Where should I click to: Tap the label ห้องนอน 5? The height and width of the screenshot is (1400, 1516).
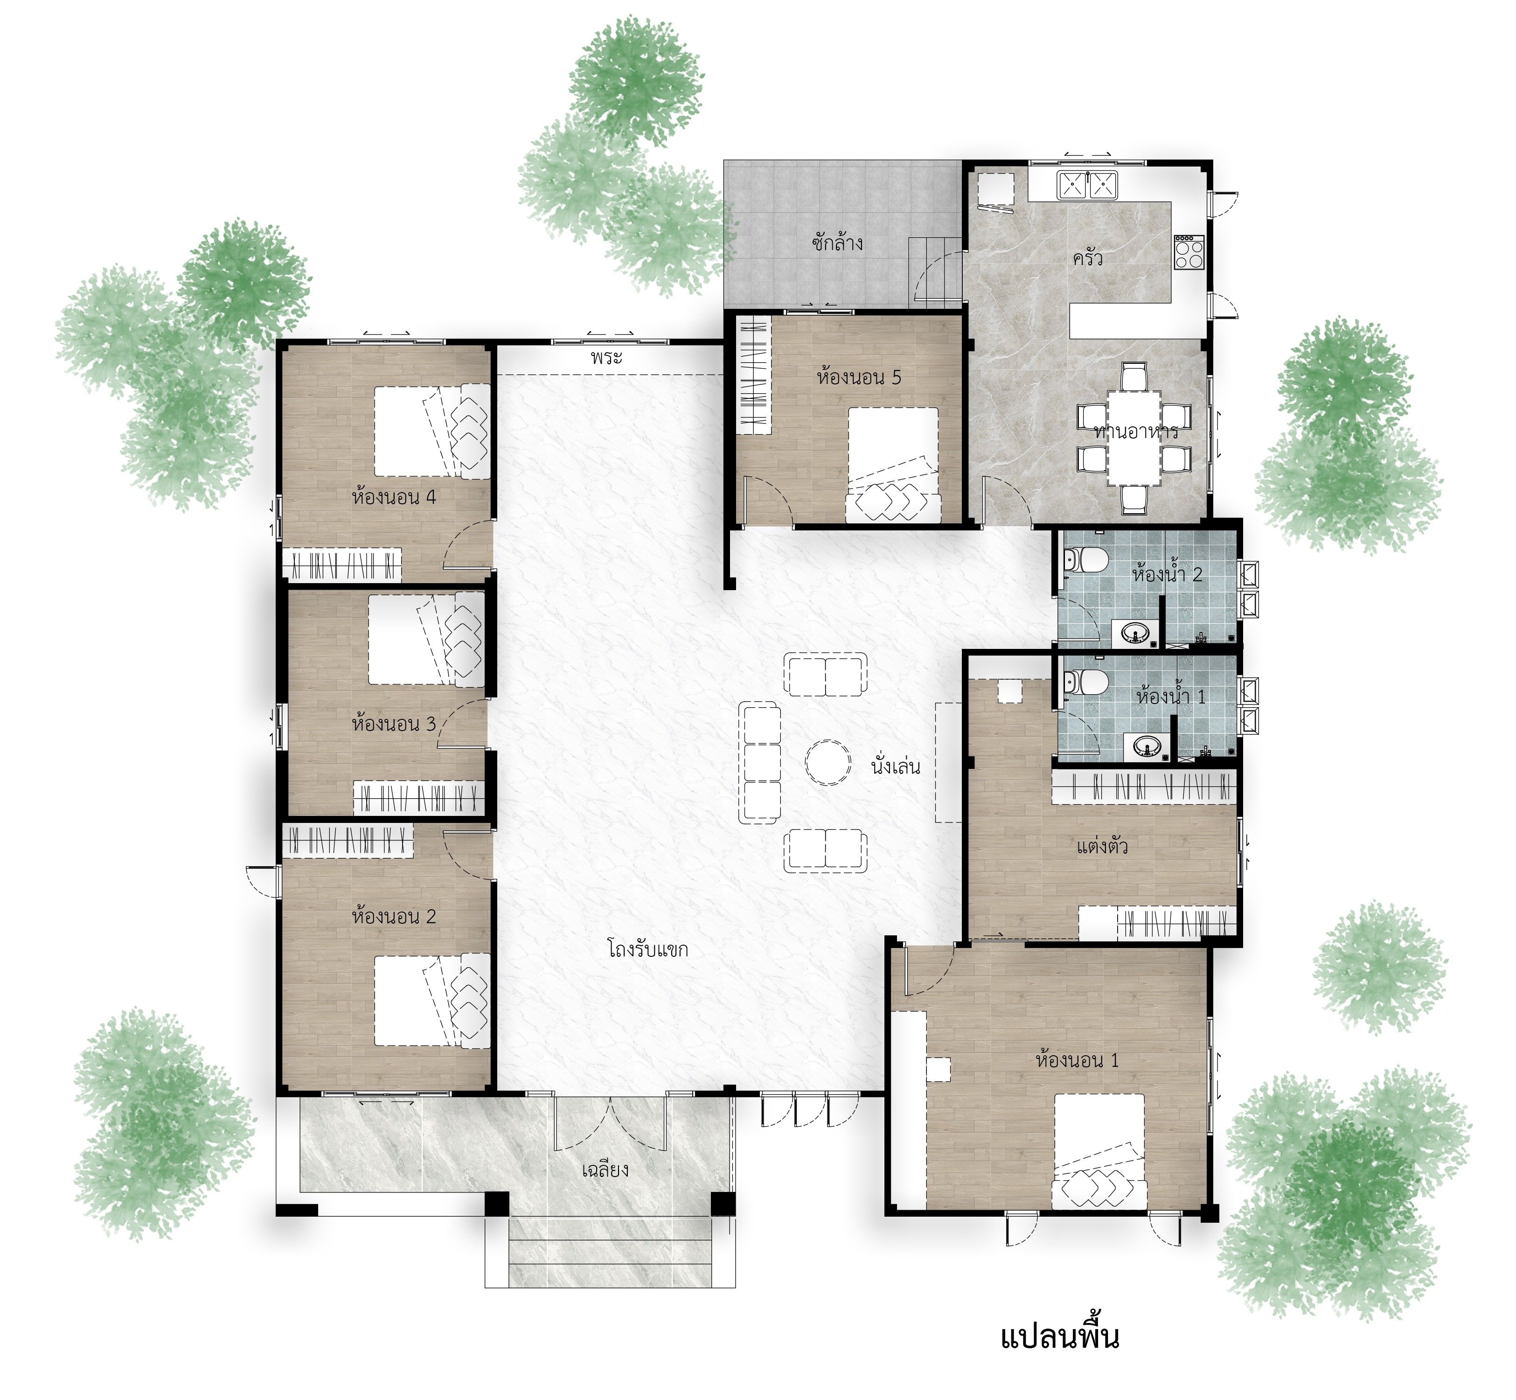859,377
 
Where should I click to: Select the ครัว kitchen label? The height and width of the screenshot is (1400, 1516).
1087,258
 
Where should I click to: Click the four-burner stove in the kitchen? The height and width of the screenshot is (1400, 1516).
1189,252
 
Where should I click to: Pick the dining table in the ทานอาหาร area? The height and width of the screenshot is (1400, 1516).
1134,437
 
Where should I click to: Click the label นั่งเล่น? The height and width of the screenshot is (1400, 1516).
896,766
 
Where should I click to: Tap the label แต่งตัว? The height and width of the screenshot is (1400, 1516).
1102,846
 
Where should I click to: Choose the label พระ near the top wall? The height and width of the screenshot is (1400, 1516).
607,357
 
